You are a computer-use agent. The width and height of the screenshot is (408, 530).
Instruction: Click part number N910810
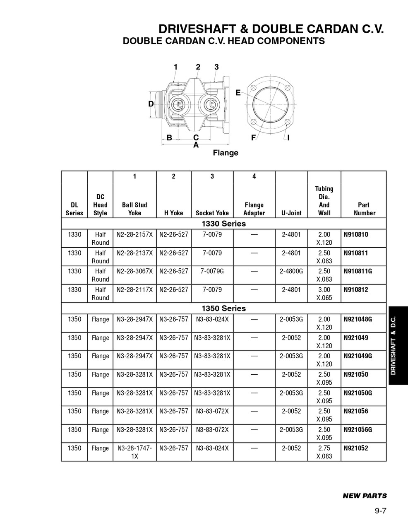pos(356,234)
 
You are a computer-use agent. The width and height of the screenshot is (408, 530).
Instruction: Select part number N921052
pos(356,448)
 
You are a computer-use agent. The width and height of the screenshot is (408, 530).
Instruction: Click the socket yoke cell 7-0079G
pos(212,271)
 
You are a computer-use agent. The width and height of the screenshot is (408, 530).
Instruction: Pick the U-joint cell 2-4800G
pos(291,271)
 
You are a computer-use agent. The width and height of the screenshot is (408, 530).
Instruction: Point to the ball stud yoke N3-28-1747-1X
pos(134,452)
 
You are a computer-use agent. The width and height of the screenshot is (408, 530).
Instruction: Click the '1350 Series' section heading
pos(223,308)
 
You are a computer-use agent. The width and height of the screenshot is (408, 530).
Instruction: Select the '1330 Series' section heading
pos(223,224)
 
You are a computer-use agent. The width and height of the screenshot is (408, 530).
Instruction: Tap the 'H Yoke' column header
pos(173,213)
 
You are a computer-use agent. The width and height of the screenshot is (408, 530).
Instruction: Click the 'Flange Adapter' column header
pos(254,209)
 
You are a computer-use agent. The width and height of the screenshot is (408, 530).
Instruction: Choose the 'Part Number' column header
pos(364,209)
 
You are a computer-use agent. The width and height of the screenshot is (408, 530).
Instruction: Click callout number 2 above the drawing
pos(198,67)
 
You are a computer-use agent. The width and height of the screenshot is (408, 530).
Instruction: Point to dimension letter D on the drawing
pos(151,104)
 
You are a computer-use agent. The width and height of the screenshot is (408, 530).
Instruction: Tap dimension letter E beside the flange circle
pos(238,93)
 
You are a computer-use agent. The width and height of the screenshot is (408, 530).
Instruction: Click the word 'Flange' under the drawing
pos(226,153)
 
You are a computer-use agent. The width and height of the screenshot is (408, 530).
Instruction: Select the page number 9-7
pos(380,511)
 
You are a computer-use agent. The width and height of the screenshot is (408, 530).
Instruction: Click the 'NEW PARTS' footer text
pos(365,496)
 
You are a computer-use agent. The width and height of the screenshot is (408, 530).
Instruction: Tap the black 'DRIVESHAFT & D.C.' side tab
pos(398,345)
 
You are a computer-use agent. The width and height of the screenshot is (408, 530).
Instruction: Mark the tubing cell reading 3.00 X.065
pos(324,294)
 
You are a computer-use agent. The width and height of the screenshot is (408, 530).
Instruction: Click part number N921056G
pos(358,429)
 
